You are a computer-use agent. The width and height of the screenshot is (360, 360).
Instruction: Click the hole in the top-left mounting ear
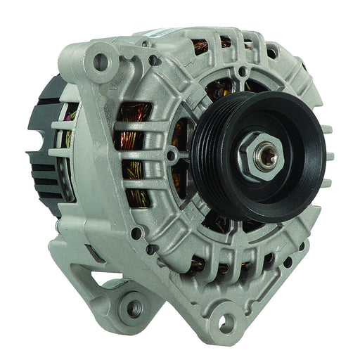[101, 62]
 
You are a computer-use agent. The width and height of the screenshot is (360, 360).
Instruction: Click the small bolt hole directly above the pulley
[243, 71]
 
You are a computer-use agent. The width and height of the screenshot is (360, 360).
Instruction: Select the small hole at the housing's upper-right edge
[271, 53]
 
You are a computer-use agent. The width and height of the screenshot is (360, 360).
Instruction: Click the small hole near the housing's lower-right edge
[287, 262]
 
